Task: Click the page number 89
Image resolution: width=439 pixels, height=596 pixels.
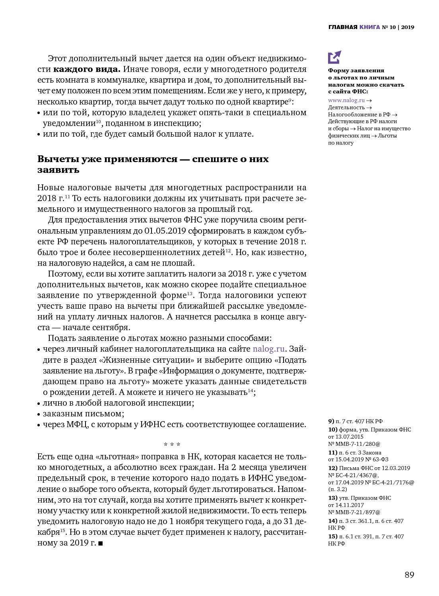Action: click(409, 575)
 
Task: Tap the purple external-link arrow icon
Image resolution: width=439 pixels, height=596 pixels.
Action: click(334, 57)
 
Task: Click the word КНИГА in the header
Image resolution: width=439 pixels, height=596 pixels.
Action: click(369, 27)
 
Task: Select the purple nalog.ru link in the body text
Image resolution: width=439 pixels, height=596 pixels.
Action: click(268, 349)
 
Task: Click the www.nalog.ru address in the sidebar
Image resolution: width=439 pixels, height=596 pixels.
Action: click(346, 100)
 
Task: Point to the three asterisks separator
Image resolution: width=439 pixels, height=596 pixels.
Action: click(172, 444)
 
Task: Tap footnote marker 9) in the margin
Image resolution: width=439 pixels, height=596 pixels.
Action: click(331, 421)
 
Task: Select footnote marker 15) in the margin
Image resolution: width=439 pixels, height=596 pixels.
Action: click(332, 536)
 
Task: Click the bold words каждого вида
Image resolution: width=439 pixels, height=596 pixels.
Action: click(86, 69)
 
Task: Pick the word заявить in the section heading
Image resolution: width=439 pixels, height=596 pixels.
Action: click(58, 170)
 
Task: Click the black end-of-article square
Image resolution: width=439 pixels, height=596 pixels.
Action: click(101, 543)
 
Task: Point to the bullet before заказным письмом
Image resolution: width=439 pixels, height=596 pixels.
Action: click(39, 414)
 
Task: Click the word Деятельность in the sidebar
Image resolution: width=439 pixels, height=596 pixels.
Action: click(346, 107)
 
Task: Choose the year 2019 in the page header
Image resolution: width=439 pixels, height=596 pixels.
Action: click(408, 27)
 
